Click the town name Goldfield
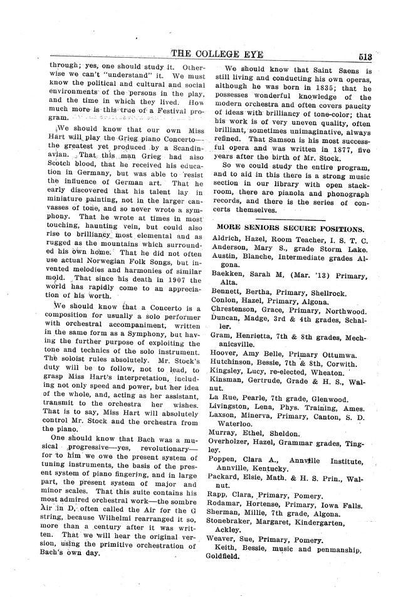[x=234, y=555]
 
